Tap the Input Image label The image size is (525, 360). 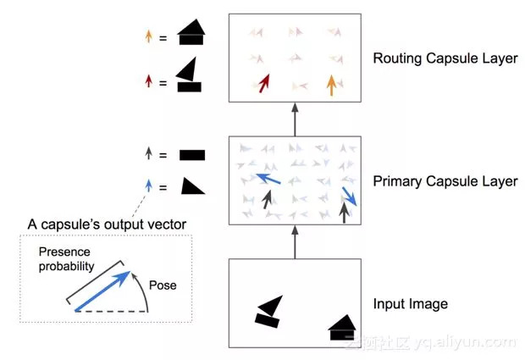(x=410, y=303)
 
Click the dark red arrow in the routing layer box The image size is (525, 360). (x=265, y=83)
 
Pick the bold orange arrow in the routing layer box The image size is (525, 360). (x=331, y=85)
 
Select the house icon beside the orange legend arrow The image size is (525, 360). (x=191, y=33)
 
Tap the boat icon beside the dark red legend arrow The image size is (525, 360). (x=190, y=75)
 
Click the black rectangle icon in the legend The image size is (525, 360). (x=192, y=155)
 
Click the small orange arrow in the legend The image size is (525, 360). (x=149, y=36)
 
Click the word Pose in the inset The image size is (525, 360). (x=163, y=285)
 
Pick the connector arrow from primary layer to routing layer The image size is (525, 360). (x=295, y=118)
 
